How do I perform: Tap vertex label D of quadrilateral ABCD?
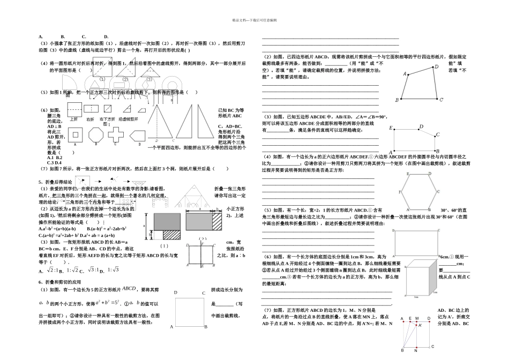[x=436, y=67]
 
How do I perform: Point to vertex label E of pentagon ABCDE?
[x=391, y=128]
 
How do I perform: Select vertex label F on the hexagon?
[x=400, y=191]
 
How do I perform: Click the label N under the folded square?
[x=416, y=350]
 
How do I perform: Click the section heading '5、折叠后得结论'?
[x=56, y=182]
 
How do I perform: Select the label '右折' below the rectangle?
[x=91, y=118]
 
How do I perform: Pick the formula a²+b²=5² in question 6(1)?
[x=126, y=303]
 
